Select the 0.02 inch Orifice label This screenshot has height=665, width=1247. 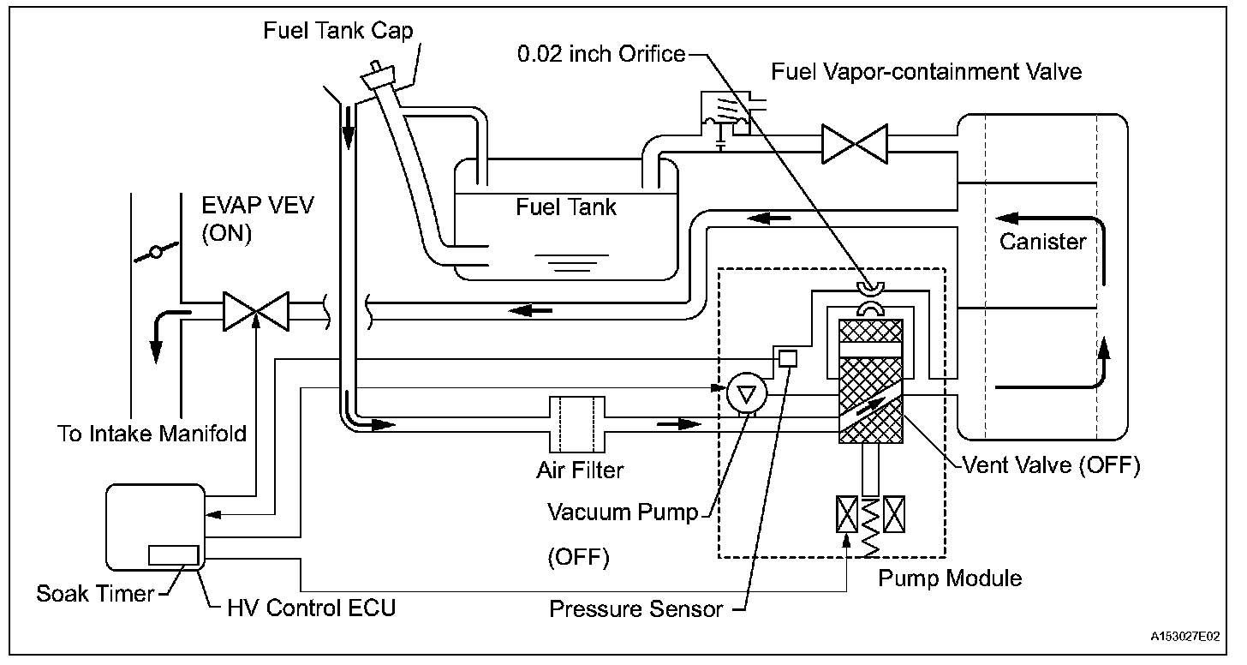click(601, 54)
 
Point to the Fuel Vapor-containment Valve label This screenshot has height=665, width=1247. click(926, 70)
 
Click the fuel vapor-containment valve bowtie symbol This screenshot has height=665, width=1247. click(854, 144)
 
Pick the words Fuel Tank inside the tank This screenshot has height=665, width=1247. click(566, 207)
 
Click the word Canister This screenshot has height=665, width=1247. click(1042, 242)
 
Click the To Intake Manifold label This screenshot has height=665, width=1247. click(152, 434)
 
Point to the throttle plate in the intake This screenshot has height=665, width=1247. click(155, 252)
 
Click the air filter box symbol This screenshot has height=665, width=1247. click(577, 423)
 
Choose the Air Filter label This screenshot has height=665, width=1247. click(580, 470)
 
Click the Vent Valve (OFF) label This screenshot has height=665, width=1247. click(1050, 465)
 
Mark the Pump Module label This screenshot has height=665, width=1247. click(950, 578)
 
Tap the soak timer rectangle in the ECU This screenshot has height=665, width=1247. click(174, 554)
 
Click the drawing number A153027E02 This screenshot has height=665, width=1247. click(1184, 637)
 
